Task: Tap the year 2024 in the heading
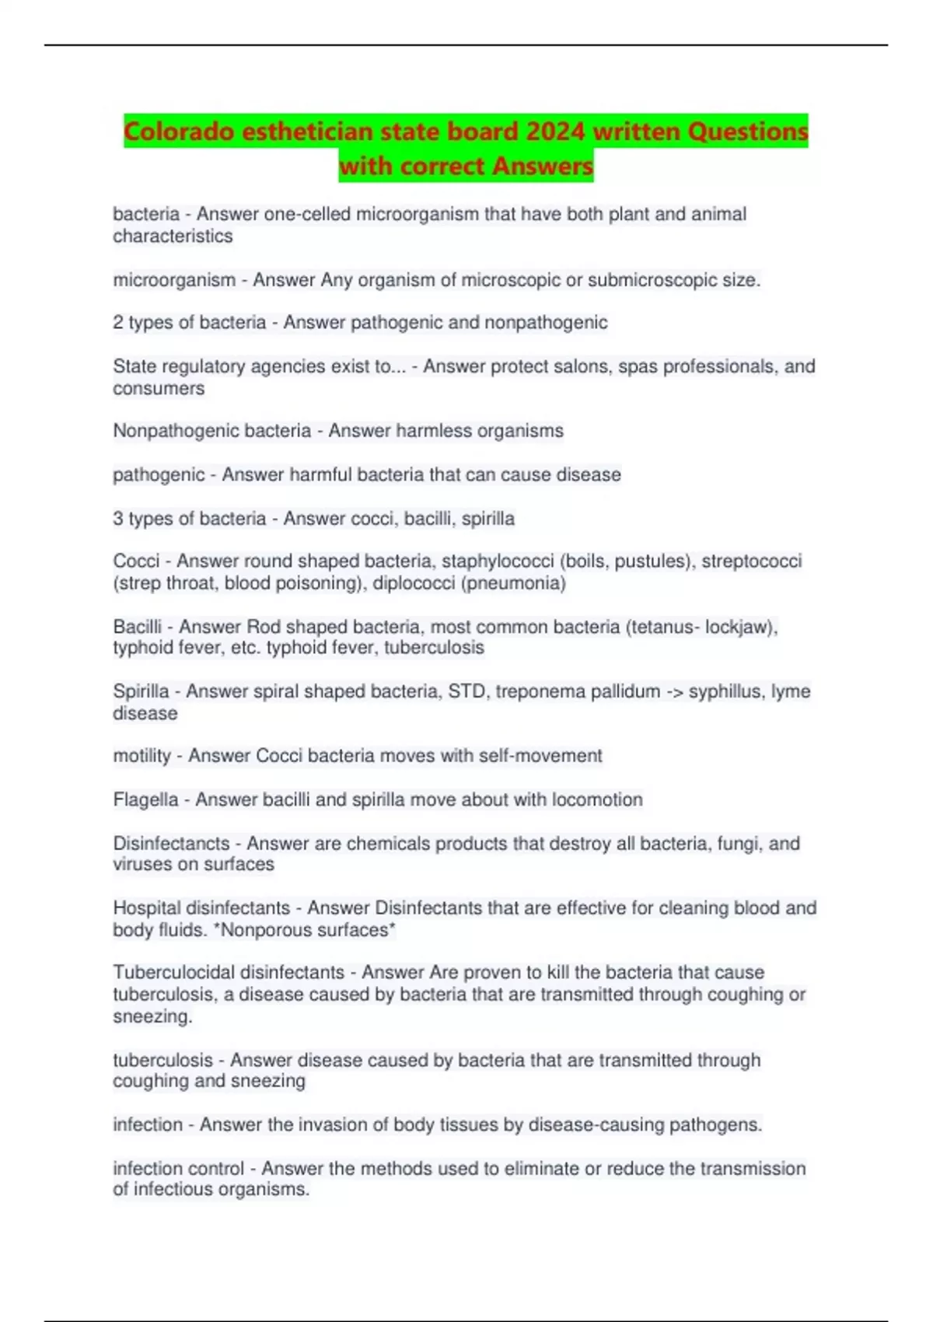point(555,131)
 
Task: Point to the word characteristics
point(173,236)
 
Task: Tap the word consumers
point(159,388)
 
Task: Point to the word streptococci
point(751,561)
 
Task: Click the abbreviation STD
point(466,691)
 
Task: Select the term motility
point(142,756)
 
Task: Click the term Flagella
point(145,799)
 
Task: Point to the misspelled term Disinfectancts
point(171,844)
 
